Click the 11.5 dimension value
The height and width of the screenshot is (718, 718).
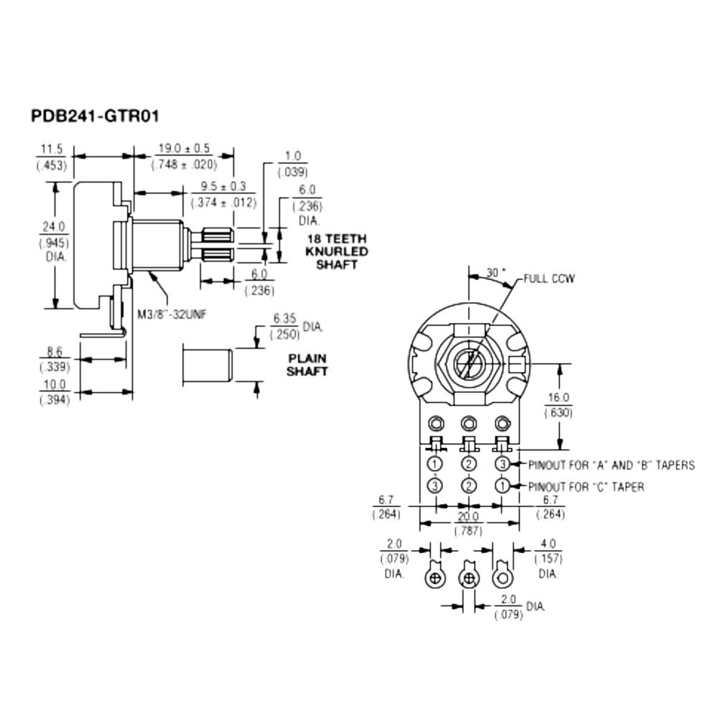52,149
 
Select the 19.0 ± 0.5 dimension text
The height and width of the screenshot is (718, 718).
183,149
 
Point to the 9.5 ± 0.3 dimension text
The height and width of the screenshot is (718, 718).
223,187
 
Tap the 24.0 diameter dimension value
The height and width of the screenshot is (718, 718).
52,227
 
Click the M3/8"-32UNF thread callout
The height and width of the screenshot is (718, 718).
174,313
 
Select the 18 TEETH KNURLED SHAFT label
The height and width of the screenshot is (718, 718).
336,251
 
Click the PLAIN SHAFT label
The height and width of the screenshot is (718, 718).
307,364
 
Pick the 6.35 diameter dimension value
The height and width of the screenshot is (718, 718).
284,318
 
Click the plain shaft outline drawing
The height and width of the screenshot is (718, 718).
208,365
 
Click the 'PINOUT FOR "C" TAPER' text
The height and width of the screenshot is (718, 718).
586,487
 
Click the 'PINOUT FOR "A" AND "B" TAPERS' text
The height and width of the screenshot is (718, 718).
611,465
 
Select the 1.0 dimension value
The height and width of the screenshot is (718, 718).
292,156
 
